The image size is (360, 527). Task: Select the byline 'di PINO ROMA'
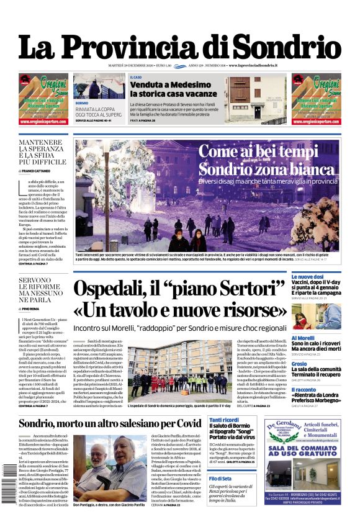(x=34, y=309)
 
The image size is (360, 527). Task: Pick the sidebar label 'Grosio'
(x=299, y=364)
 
